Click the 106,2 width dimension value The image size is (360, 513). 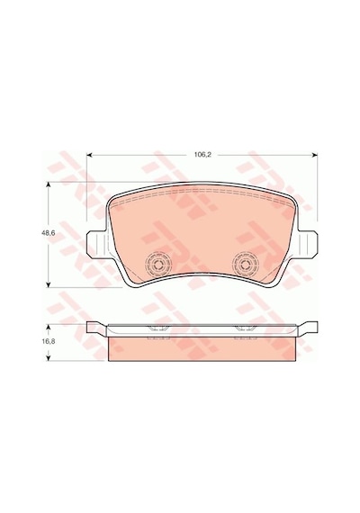tap(202, 155)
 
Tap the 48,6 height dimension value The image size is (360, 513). tap(48, 233)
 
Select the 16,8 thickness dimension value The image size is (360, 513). tap(48, 341)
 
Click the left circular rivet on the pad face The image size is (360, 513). tap(158, 264)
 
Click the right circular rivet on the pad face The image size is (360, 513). tap(245, 264)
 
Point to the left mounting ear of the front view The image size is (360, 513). tap(97, 243)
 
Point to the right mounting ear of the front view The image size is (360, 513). tap(307, 243)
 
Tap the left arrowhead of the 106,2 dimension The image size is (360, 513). tap(89, 155)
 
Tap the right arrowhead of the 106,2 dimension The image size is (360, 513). tap(315, 155)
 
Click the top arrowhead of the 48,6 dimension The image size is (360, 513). tap(49, 184)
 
